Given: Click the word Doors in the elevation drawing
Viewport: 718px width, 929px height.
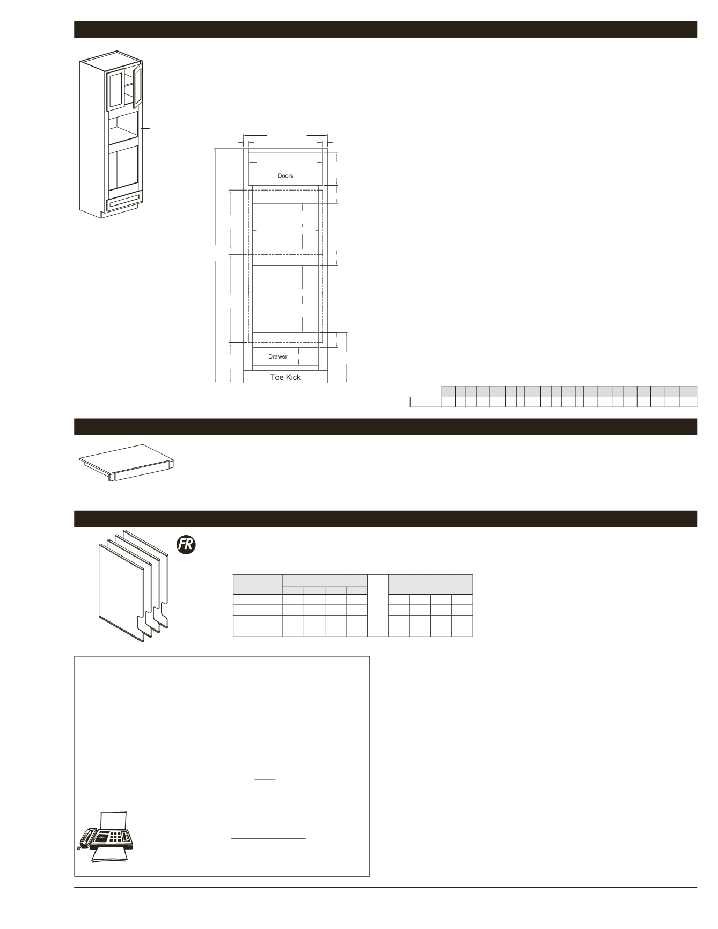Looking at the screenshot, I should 285,175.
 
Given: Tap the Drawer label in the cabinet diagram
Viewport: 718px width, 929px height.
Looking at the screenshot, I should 277,356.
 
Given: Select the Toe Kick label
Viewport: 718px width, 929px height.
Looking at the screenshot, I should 285,377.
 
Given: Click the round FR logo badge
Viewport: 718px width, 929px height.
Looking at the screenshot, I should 186,545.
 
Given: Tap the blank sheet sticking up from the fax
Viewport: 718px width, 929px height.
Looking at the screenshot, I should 113,818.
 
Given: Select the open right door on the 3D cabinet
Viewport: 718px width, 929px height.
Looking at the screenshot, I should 137,86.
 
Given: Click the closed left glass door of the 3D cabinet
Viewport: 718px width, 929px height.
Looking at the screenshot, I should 115,90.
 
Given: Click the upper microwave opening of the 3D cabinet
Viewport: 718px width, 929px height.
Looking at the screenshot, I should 122,126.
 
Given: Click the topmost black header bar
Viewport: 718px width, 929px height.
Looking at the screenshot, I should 385,30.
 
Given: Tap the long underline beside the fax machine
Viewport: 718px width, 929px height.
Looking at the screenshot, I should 268,837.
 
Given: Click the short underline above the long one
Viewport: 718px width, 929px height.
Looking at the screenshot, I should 265,779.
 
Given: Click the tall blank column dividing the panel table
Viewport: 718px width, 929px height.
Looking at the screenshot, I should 377,605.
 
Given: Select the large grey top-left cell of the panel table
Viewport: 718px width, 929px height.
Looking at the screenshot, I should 258,584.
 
